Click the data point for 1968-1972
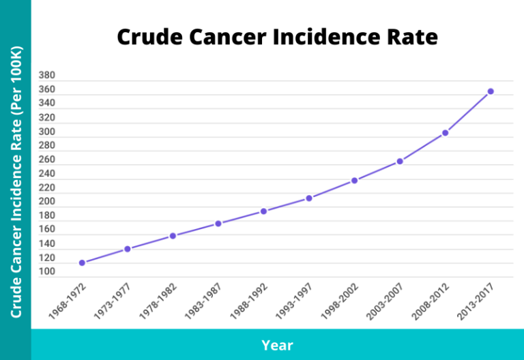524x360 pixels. pyautogui.click(x=82, y=262)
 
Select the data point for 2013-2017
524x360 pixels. pyautogui.click(x=490, y=91)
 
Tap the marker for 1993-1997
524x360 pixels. pyautogui.click(x=309, y=198)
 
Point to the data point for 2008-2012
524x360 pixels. pyautogui.click(x=445, y=133)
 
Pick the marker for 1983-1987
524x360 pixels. pyautogui.click(x=218, y=224)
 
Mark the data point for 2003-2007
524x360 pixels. pyautogui.click(x=400, y=162)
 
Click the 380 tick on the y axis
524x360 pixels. pyautogui.click(x=47, y=75)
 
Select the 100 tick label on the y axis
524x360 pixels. pyautogui.click(x=47, y=272)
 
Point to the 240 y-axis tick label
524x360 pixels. pyautogui.click(x=47, y=174)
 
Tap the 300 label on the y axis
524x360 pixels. pyautogui.click(x=47, y=132)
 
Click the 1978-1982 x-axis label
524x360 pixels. pyautogui.click(x=159, y=301)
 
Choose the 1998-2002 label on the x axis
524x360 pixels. pyautogui.click(x=340, y=301)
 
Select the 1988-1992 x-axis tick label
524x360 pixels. pyautogui.click(x=250, y=301)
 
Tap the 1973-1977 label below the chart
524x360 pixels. pyautogui.click(x=113, y=301)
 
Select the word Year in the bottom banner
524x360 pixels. pyautogui.click(x=277, y=345)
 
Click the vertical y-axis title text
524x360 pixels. pyautogui.click(x=16, y=181)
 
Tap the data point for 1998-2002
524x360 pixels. pyautogui.click(x=354, y=181)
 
